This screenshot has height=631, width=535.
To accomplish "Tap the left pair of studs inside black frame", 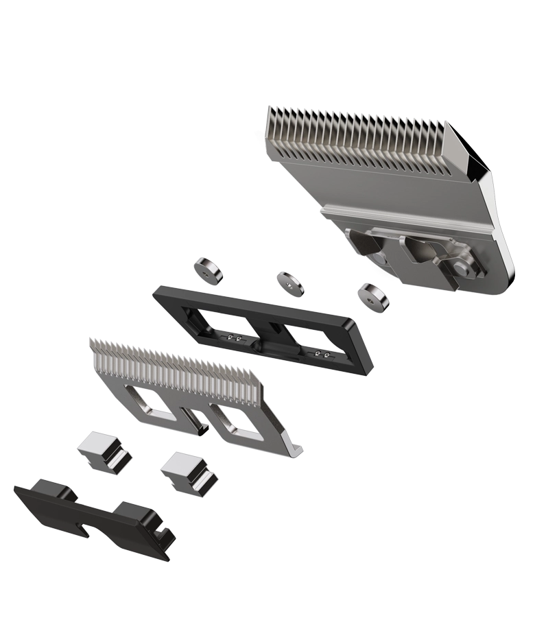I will coord(234,339).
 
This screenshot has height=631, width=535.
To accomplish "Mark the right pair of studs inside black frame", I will coord(320,355).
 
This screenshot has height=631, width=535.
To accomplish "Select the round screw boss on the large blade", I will coord(465,266).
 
